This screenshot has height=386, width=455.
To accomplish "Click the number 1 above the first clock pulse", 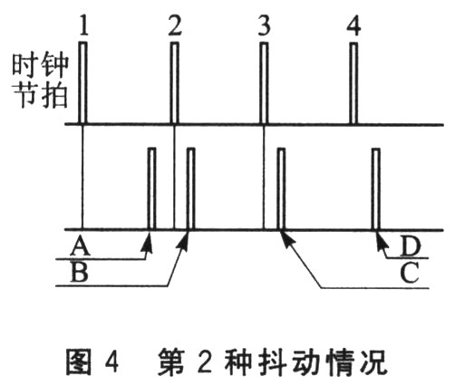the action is [x=84, y=25].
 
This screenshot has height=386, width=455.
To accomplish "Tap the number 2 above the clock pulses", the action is [x=175, y=25].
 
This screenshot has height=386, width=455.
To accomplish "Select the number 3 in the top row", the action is [x=264, y=25].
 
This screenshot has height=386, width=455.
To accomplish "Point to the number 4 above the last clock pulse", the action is [x=353, y=25].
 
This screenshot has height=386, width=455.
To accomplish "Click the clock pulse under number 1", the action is [x=83, y=82].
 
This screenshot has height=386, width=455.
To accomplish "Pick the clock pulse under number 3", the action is [x=264, y=82].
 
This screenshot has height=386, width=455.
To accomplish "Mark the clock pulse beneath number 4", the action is [x=353, y=82].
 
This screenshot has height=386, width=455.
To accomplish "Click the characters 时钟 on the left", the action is [x=40, y=64].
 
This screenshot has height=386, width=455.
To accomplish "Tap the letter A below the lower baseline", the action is [x=80, y=246].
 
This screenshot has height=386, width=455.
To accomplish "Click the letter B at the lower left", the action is [x=79, y=272].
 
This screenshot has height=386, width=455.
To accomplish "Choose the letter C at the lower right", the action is [x=410, y=272].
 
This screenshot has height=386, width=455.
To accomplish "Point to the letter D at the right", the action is [x=411, y=246].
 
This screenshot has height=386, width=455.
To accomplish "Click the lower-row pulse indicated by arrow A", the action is [x=151, y=188].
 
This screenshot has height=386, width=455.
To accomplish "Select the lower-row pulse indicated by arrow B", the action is [x=190, y=188].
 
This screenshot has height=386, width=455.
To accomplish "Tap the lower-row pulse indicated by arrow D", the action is [x=376, y=188].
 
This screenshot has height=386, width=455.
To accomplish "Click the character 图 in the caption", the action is [x=79, y=362].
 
